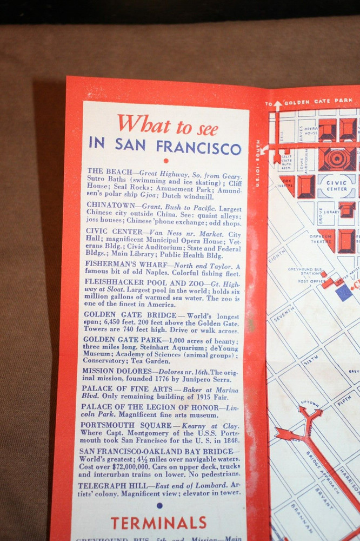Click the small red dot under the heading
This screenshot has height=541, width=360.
166,161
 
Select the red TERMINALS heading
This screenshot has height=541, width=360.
158,523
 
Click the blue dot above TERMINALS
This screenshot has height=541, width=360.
159,505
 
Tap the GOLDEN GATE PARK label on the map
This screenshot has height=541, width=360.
319,101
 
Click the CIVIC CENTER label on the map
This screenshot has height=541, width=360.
337,186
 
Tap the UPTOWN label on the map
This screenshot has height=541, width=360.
309,404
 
